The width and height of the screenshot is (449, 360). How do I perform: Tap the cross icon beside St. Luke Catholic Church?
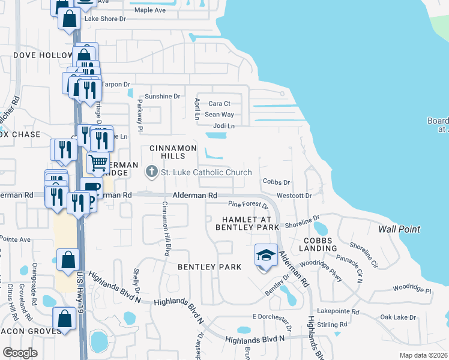tap(151, 173)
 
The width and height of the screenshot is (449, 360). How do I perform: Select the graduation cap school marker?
tap(266, 255)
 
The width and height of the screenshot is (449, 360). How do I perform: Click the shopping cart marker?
tap(98, 162)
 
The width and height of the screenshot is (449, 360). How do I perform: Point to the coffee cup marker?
tap(91, 188)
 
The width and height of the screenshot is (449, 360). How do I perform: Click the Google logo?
tap(20, 353)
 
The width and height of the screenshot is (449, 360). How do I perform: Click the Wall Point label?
tap(399, 229)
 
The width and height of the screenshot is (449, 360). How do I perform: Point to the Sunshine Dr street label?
tap(162, 96)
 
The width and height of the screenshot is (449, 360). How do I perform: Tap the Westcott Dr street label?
tap(294, 196)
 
